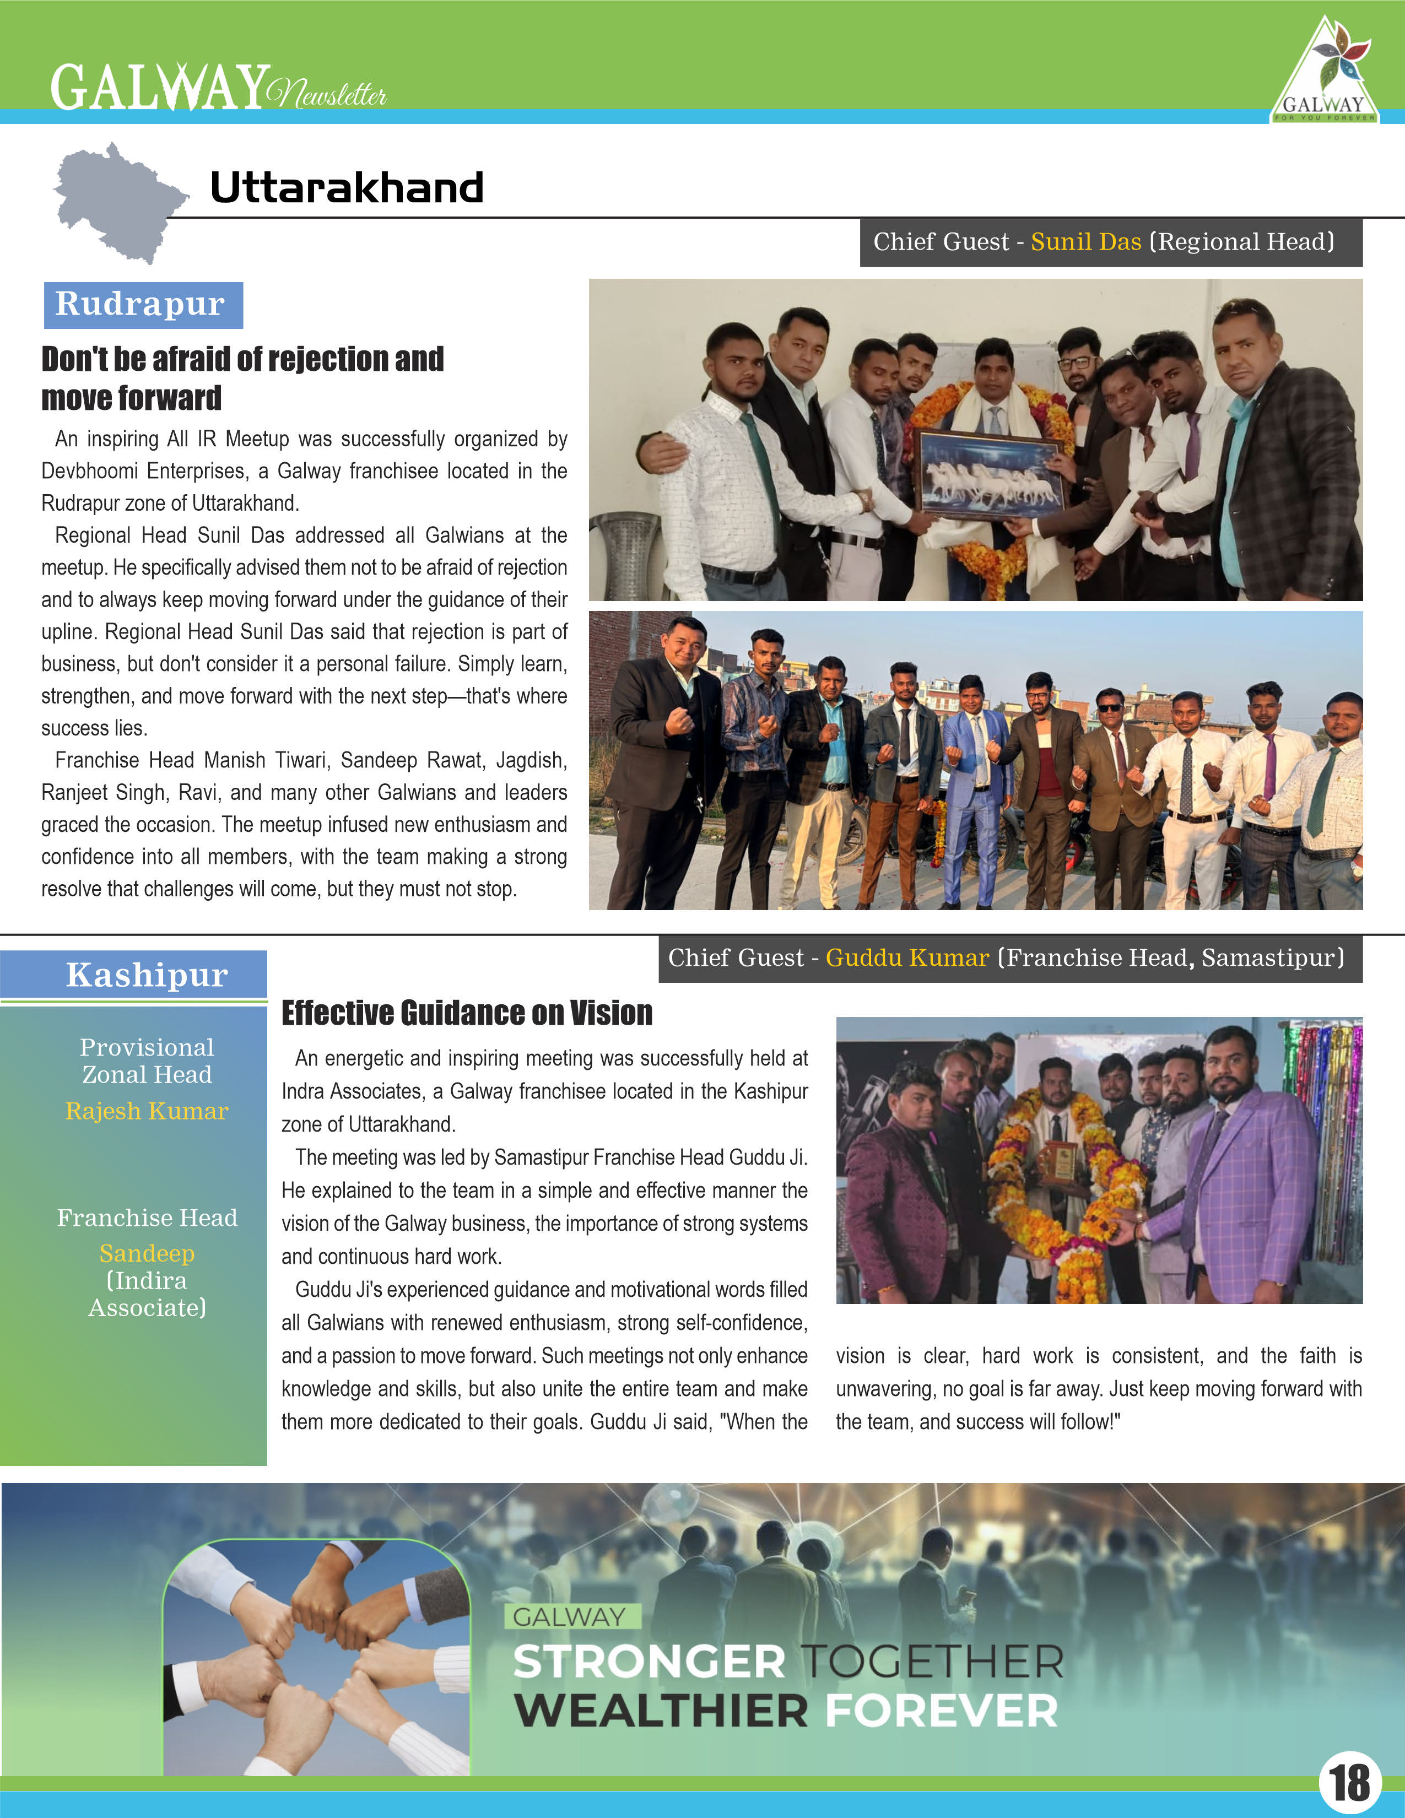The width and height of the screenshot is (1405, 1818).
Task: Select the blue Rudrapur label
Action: click(142, 305)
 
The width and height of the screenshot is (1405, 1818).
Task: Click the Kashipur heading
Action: click(147, 975)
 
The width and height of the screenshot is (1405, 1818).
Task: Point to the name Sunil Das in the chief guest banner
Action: click(1085, 242)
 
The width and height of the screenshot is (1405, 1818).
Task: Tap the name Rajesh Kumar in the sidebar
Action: click(147, 1111)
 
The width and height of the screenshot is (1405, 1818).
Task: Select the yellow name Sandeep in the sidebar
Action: click(147, 1253)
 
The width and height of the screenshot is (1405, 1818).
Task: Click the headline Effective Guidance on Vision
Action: click(466, 1013)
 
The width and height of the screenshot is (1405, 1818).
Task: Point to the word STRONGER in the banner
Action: click(649, 1662)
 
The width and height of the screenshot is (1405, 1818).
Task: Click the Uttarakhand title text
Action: click(346, 187)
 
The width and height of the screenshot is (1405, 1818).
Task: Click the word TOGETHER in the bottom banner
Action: click(932, 1662)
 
